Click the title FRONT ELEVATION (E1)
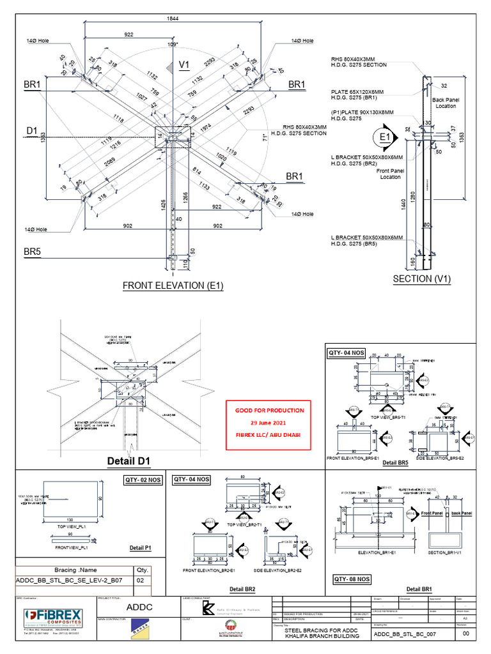coord(173,285)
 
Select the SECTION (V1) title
coord(423,279)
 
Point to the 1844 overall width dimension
coord(173,19)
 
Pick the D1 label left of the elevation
coord(33,131)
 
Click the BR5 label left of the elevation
coord(33,253)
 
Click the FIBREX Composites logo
coord(51,618)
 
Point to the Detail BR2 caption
coord(242,588)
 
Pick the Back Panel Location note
coord(446,103)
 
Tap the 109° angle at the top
coord(173,45)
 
